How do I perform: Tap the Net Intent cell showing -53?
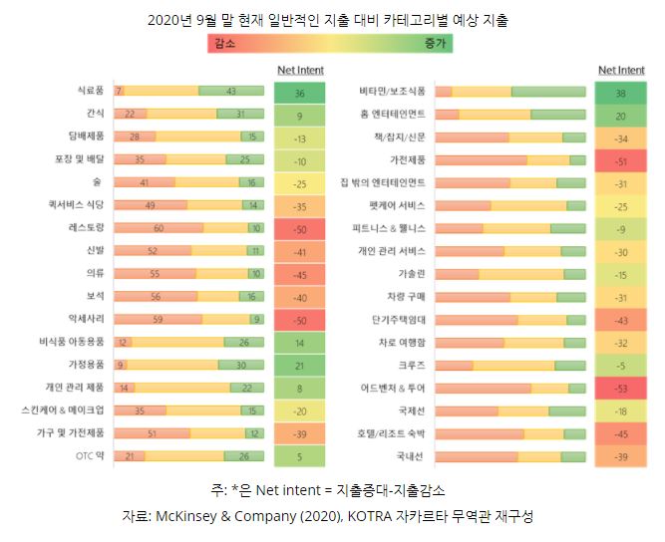point(620,388)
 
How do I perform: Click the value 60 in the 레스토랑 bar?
point(158,227)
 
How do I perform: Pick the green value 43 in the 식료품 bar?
point(231,91)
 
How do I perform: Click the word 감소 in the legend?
point(226,43)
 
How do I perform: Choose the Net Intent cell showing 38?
point(620,93)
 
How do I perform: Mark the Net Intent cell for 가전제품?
point(620,160)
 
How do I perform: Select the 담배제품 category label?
point(87,136)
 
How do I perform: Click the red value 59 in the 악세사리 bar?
point(158,319)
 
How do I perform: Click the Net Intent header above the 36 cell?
point(299,71)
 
